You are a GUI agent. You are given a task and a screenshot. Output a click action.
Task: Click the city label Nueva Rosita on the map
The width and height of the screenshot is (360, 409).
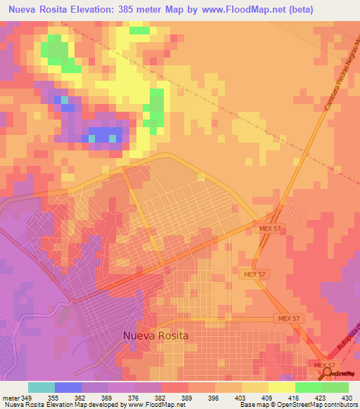click(155, 335)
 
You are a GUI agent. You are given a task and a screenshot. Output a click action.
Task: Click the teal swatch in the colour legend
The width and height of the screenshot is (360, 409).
click(41, 387)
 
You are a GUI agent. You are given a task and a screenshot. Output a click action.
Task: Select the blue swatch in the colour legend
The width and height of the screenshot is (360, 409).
click(68, 387)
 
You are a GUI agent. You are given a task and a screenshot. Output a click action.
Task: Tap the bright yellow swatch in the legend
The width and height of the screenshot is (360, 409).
click(281, 387)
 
